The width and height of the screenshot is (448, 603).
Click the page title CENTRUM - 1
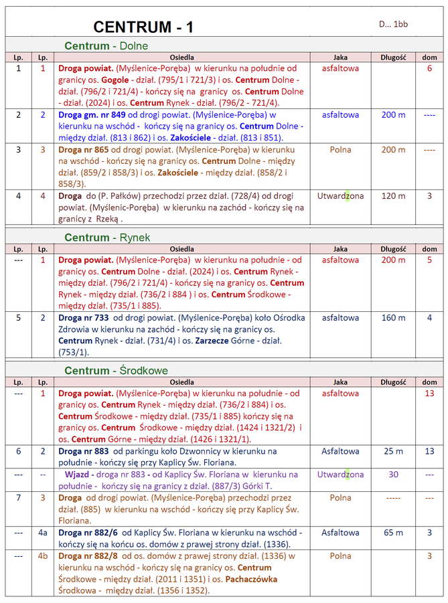[143, 27]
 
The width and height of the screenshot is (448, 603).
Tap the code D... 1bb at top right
[393, 24]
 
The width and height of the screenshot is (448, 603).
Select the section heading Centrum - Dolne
[106, 46]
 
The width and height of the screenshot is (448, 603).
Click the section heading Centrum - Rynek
[107, 238]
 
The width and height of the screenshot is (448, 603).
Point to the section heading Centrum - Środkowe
[116, 370]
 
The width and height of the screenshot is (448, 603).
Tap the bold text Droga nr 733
[84, 318]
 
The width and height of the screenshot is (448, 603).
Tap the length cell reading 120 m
[393, 196]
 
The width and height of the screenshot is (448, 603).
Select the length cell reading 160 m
[393, 318]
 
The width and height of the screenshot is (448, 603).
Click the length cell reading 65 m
[393, 533]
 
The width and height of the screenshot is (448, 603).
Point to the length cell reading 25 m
[393, 451]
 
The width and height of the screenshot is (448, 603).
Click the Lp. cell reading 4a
[43, 533]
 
